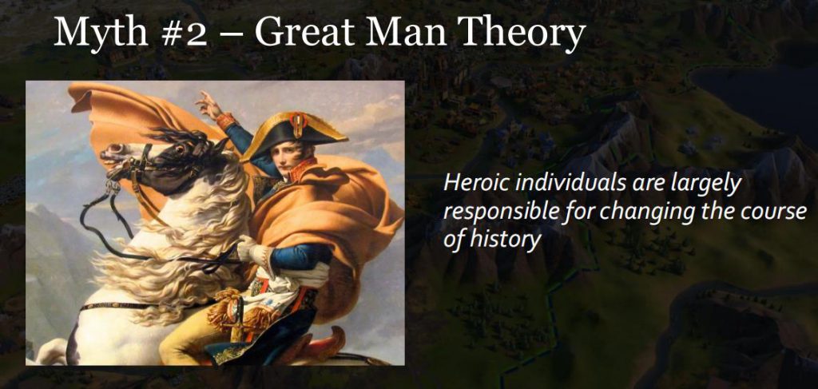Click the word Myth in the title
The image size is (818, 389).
pyautogui.click(x=101, y=33)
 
